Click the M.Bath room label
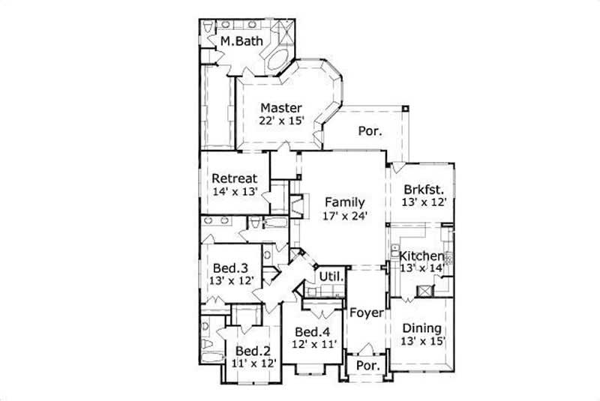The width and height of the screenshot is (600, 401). (x=241, y=42)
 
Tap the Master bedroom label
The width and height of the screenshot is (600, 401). (x=281, y=107)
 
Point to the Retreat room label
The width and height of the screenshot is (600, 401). (x=235, y=178)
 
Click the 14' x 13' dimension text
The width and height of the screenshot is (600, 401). (x=235, y=192)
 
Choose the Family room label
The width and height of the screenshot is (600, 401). (x=345, y=202)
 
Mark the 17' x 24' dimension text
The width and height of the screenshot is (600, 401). (x=345, y=216)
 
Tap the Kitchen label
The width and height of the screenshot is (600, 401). (x=421, y=256)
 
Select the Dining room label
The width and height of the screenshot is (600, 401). (x=422, y=328)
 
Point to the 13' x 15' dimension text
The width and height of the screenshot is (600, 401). (x=422, y=341)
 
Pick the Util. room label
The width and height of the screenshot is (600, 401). (x=331, y=277)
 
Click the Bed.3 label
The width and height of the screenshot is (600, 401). (x=231, y=267)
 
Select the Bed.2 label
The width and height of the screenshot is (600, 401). (x=253, y=350)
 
